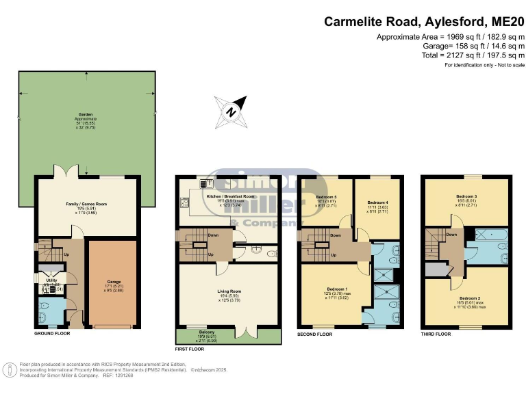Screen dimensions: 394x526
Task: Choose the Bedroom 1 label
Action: point(334,290)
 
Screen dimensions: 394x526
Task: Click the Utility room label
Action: point(51,280)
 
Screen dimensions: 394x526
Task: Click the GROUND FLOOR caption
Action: point(52,334)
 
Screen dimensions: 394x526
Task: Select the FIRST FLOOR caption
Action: point(192,348)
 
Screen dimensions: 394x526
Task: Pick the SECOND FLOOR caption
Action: point(315,334)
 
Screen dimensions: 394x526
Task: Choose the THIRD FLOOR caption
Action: point(436,334)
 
